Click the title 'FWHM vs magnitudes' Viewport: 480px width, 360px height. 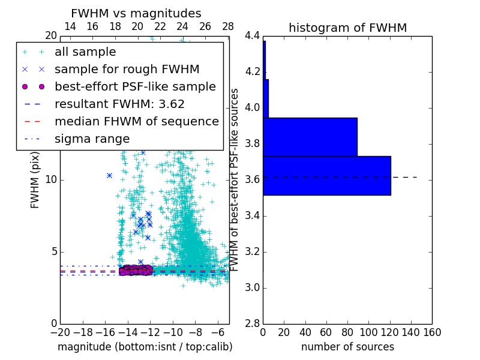[x=136, y=13]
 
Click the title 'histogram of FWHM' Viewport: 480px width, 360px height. [x=347, y=28]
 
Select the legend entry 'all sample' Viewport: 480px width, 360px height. [x=85, y=52]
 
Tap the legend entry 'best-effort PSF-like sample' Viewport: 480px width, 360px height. [x=135, y=86]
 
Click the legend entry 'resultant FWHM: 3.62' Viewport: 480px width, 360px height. [x=119, y=104]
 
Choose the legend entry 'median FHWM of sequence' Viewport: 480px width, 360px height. [x=136, y=121]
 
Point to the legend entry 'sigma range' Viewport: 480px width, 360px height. [x=92, y=139]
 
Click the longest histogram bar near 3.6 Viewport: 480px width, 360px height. [x=326, y=176]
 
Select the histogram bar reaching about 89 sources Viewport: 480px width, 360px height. [x=310, y=137]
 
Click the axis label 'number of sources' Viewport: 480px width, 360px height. [x=347, y=347]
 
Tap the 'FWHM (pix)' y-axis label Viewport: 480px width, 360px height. [x=35, y=179]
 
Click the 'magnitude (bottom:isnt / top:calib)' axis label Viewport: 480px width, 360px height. [x=145, y=347]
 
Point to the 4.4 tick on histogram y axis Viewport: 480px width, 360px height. [x=253, y=36]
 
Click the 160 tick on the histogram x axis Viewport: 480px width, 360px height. [x=432, y=332]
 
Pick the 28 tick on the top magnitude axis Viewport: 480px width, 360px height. [x=228, y=26]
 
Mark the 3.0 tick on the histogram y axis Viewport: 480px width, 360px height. [x=253, y=288]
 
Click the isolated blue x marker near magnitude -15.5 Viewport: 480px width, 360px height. [x=109, y=175]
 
